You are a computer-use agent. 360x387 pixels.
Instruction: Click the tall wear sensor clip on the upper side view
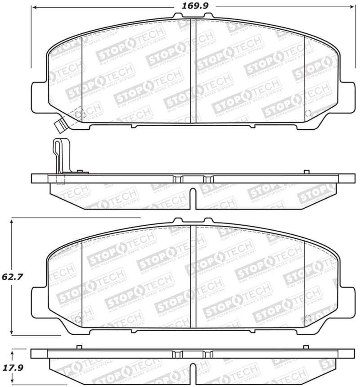[x=58, y=155]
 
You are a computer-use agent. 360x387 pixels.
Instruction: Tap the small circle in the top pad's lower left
[x=78, y=114]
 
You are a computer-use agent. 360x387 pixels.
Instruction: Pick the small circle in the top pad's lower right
[x=308, y=114]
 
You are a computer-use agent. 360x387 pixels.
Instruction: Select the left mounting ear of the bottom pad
[x=38, y=303]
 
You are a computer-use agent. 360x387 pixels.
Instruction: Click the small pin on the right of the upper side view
[x=306, y=172]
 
